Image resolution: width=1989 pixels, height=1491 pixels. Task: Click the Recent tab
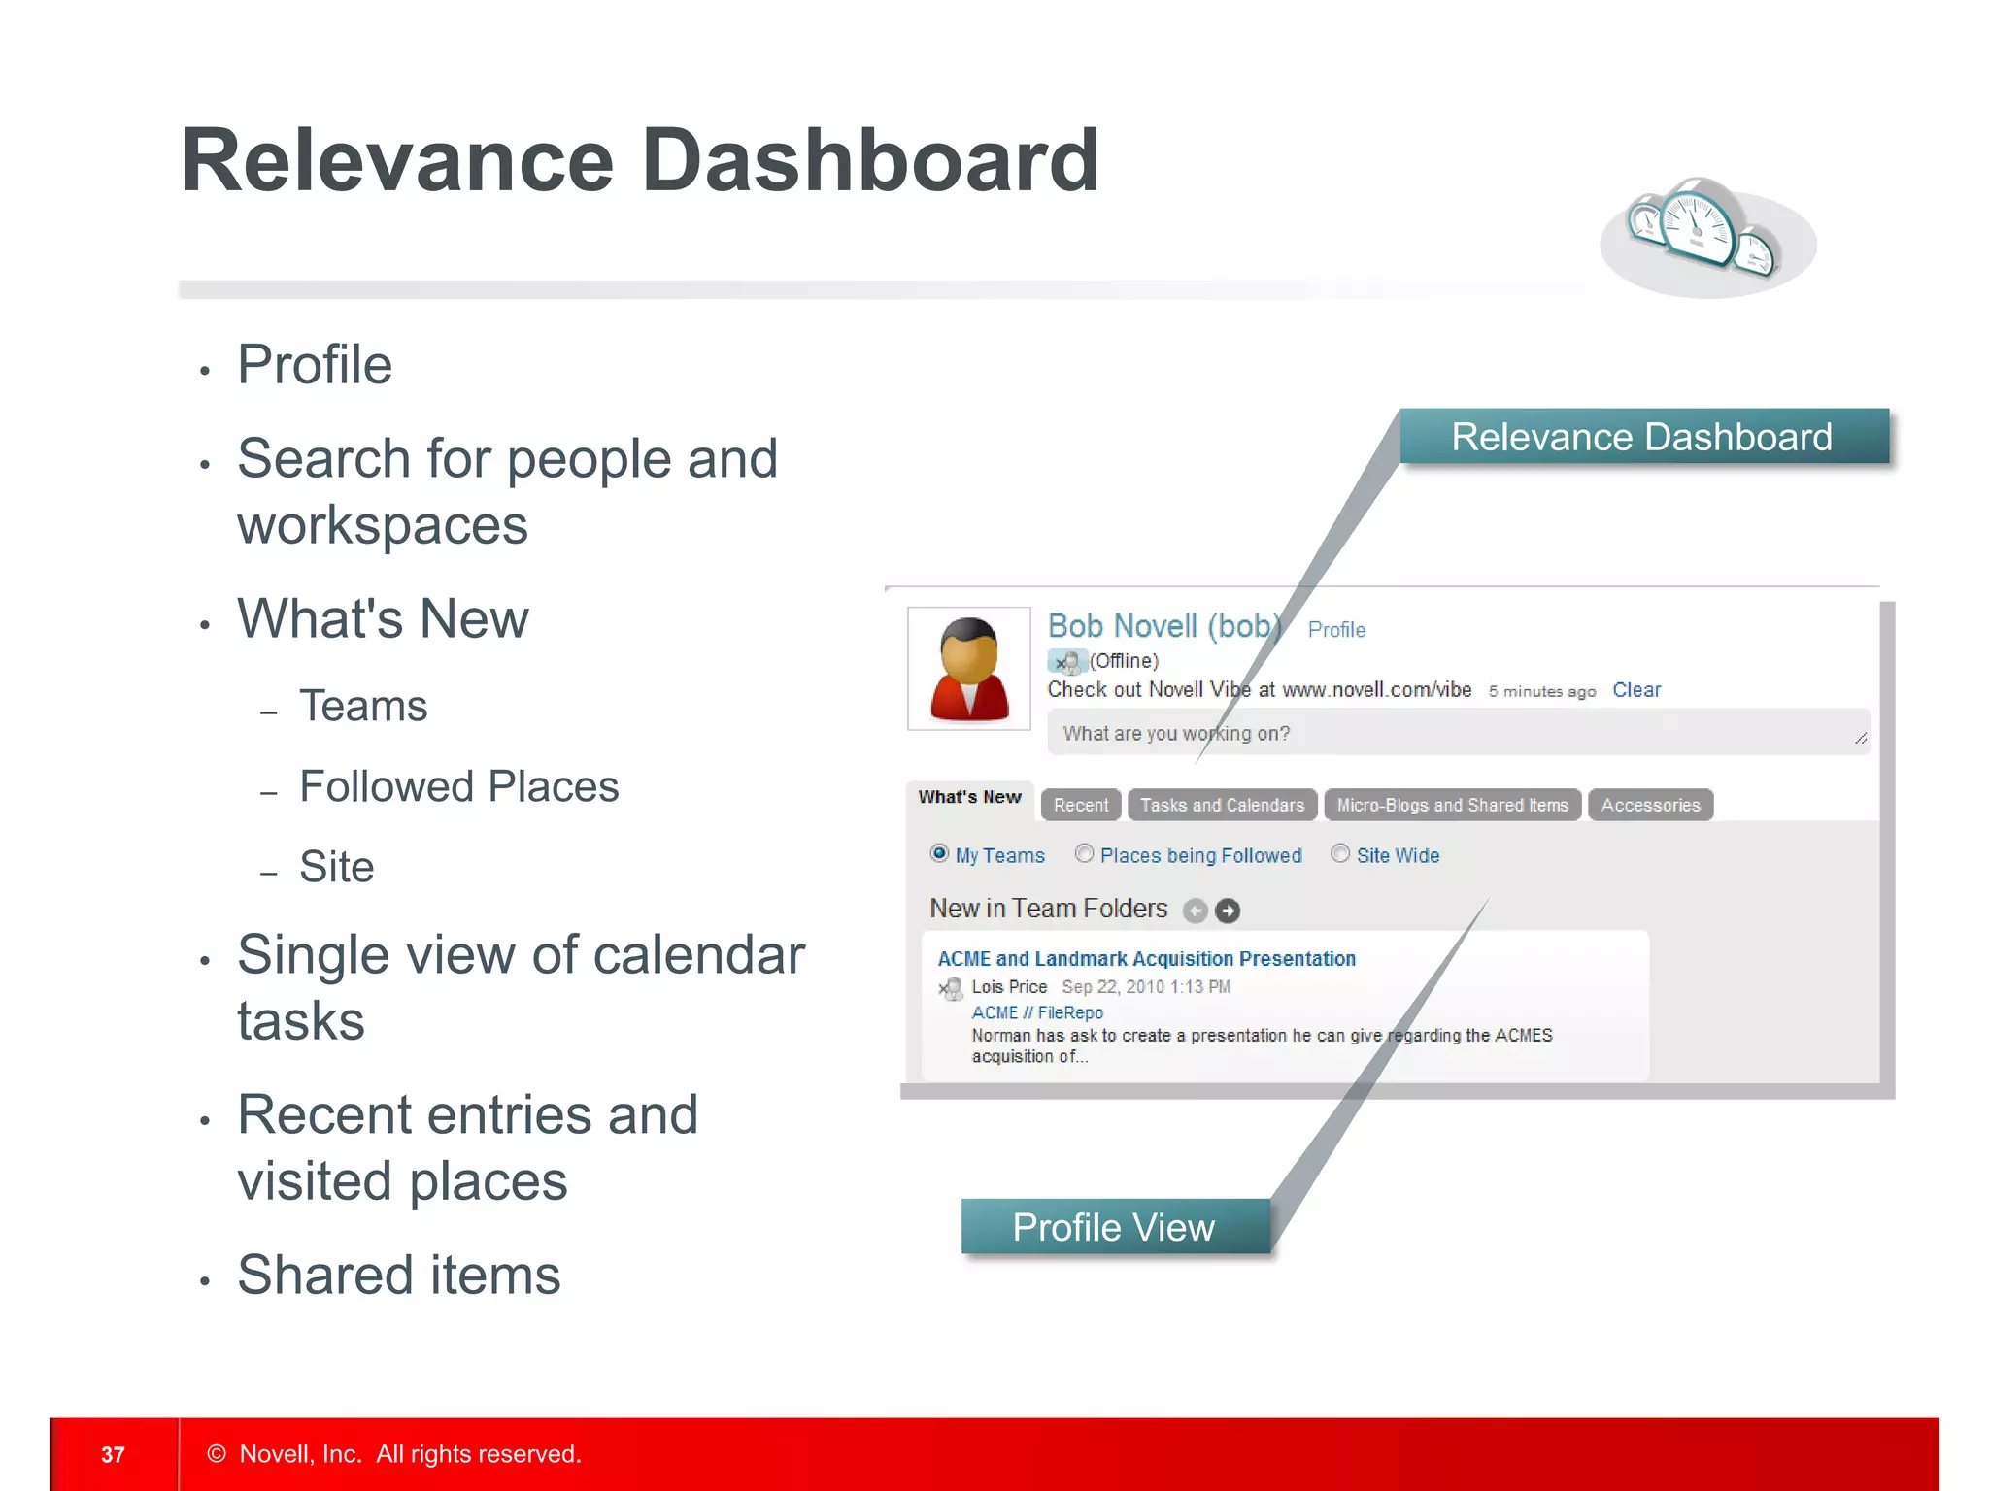tap(1080, 805)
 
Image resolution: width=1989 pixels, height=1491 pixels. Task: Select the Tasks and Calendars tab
tap(1222, 805)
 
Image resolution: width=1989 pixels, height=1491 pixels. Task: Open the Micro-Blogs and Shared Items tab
tap(1452, 805)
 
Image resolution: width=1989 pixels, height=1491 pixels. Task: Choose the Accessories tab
tap(1650, 805)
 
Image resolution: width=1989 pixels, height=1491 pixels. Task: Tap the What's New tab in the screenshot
tap(969, 798)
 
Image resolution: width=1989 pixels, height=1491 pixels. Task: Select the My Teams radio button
tap(939, 854)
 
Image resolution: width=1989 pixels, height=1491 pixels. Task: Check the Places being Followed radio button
tap(1084, 854)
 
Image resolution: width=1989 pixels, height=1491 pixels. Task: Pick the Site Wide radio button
tap(1340, 854)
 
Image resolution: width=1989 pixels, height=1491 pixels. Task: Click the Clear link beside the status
tap(1636, 690)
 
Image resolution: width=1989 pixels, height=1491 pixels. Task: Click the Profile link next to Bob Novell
tap(1336, 630)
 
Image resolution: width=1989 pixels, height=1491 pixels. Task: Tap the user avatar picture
tap(968, 669)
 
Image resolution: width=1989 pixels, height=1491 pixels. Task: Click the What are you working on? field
tap(1457, 734)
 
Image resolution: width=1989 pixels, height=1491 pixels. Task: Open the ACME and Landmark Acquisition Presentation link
tap(1146, 959)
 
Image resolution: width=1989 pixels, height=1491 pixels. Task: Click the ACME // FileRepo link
tap(1037, 1012)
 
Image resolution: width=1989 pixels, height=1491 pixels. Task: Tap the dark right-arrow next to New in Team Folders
tap(1228, 911)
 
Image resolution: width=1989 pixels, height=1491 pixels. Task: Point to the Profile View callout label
tap(1114, 1228)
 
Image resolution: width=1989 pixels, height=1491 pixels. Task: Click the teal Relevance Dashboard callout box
tap(1642, 437)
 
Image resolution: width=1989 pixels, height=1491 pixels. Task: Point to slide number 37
tap(113, 1454)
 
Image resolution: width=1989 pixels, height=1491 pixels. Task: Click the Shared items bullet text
tap(399, 1275)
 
